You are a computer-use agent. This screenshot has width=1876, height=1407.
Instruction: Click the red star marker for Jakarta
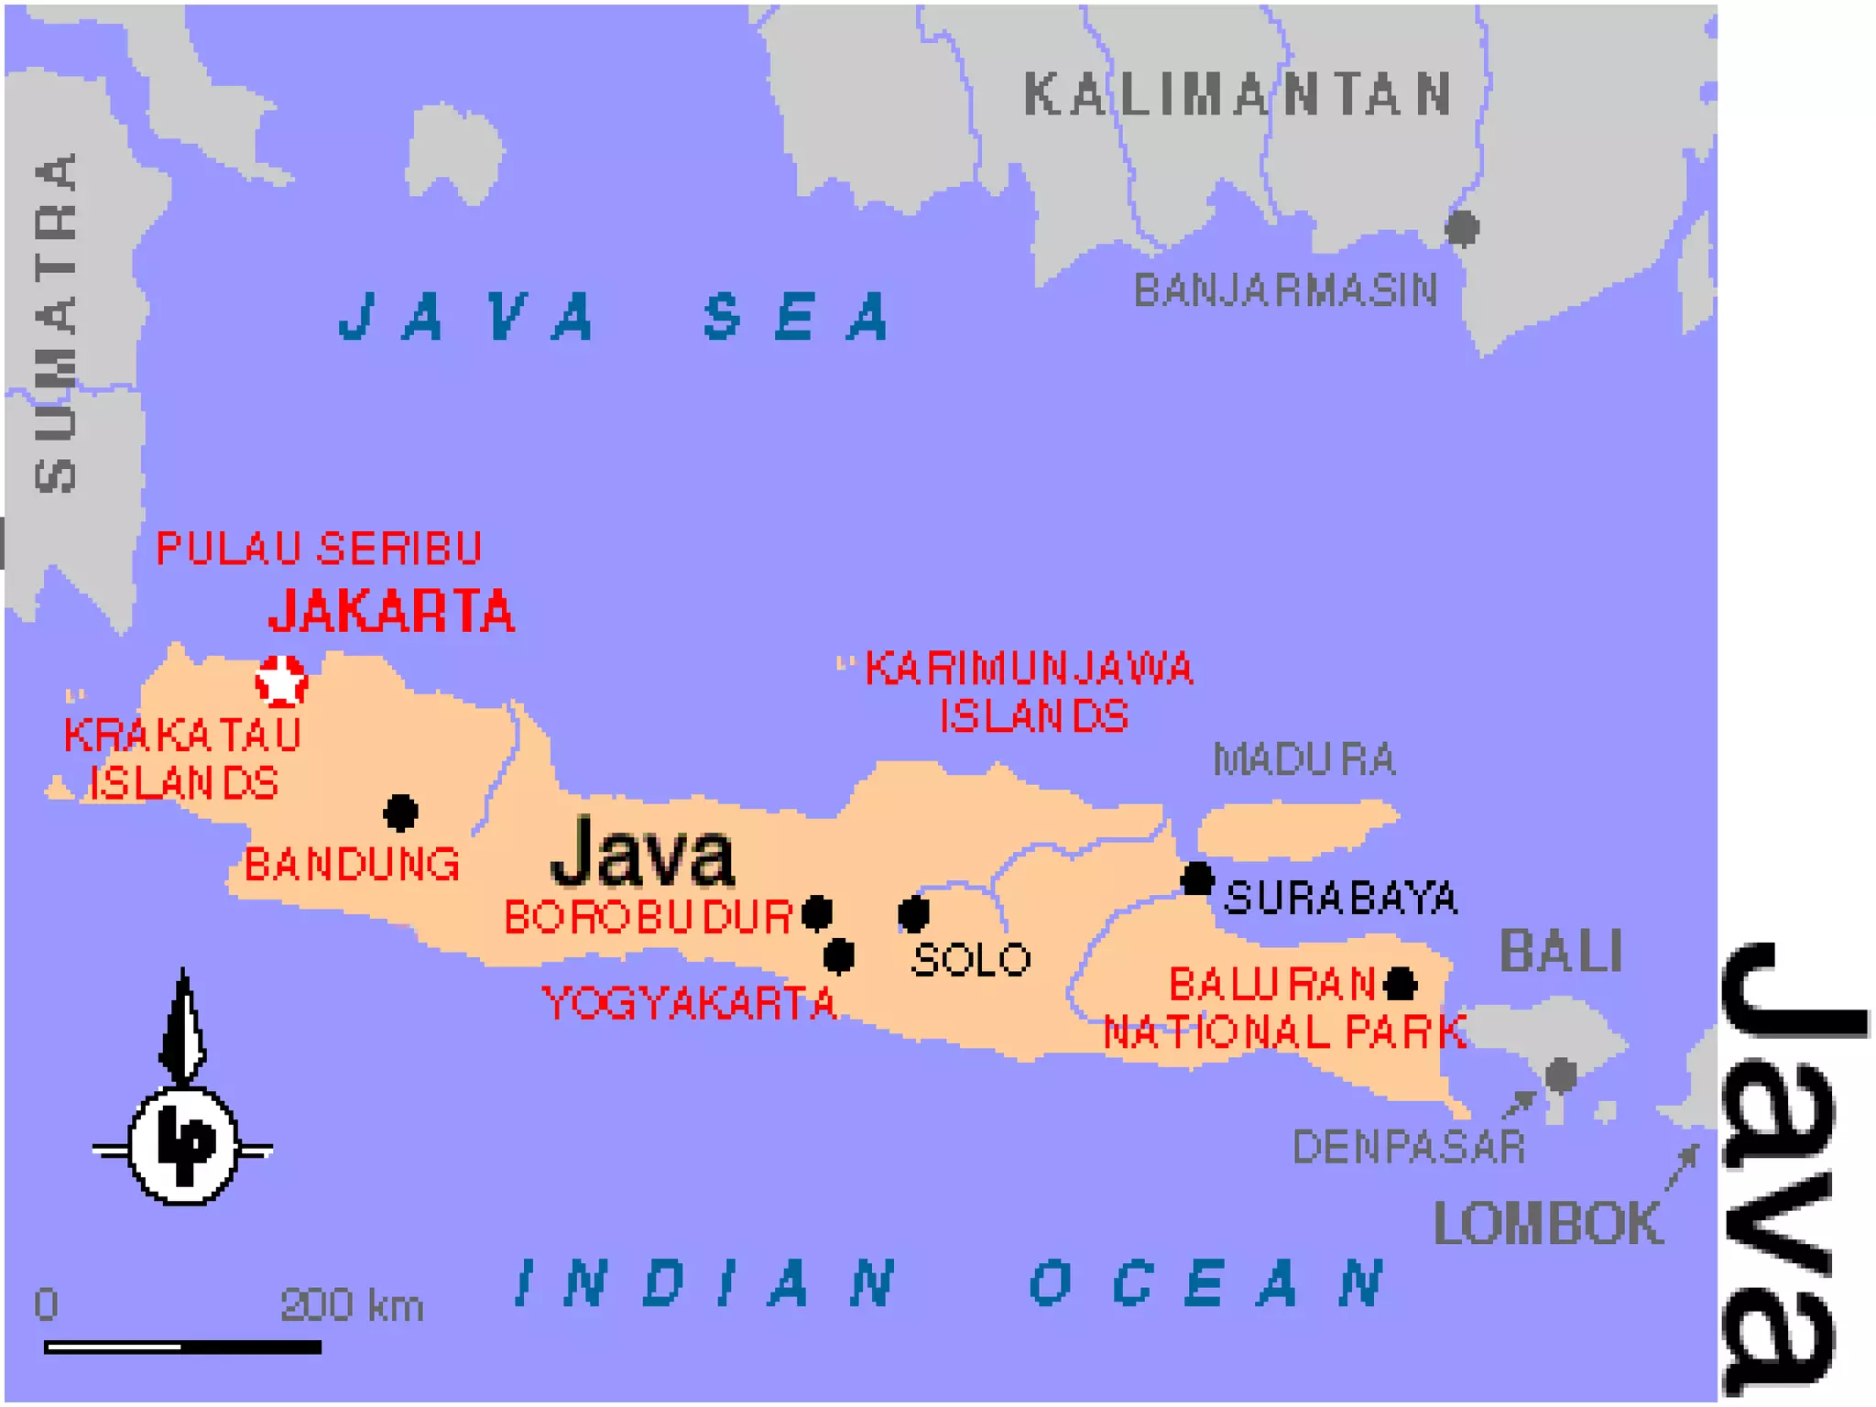tap(281, 681)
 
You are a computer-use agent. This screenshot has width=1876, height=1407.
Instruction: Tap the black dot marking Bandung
tap(400, 812)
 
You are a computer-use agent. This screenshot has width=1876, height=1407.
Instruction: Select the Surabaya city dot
tap(1196, 878)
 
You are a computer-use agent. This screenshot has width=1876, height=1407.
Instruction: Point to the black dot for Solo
tap(913, 912)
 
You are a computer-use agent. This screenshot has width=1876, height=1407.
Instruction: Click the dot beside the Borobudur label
tap(816, 912)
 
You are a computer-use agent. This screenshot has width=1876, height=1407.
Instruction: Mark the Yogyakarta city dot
tap(838, 955)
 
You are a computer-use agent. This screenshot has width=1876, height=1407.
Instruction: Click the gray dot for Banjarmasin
tap(1462, 227)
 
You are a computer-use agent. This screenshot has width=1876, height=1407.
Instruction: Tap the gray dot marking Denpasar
tap(1561, 1074)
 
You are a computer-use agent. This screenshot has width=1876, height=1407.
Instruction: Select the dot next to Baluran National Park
tap(1400, 985)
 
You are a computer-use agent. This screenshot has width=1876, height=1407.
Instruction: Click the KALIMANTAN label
tap(1238, 94)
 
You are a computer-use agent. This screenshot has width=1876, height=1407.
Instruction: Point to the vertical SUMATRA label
tap(57, 322)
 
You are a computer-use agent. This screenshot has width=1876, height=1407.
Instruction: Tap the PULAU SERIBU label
tap(319, 548)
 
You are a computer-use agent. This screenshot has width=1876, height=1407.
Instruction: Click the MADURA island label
tap(1303, 759)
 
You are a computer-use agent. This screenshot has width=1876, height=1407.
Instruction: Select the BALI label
tap(1561, 951)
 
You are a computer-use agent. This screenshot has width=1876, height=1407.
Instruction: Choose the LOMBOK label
tap(1547, 1223)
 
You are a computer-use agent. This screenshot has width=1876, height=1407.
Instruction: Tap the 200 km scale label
tap(352, 1304)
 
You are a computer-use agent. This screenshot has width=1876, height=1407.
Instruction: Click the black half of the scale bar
tap(251, 1347)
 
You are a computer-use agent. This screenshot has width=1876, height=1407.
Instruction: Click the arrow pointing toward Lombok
tap(1682, 1167)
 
